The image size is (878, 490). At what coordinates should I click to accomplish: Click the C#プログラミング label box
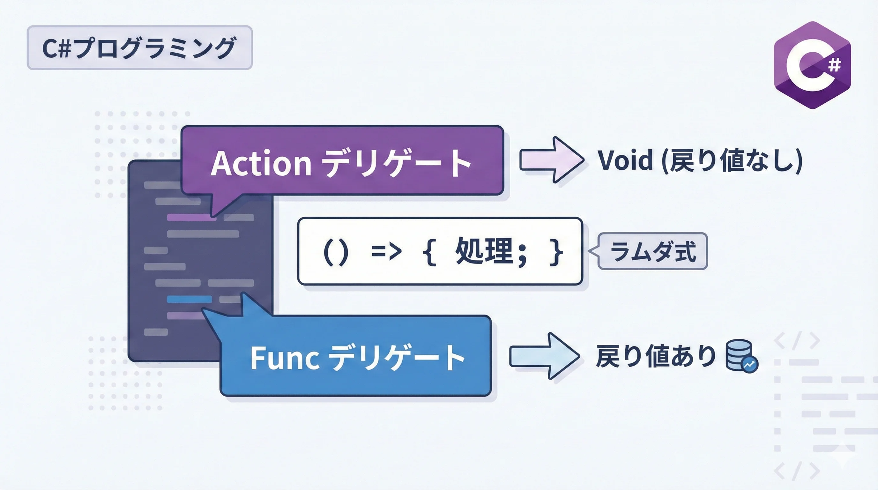pos(139,48)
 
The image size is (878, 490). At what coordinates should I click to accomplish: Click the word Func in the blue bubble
pos(285,358)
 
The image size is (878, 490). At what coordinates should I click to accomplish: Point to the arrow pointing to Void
pos(551,160)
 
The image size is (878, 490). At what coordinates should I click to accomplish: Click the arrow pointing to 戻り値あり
pos(544,356)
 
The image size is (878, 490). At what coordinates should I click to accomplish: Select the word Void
pos(625,160)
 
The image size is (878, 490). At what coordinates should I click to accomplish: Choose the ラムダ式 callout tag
pos(653,251)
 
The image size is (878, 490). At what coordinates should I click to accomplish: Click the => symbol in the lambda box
pos(386,252)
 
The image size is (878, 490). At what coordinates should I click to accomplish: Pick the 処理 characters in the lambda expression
pos(484,251)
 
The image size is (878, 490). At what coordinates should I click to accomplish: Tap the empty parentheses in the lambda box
pos(335,252)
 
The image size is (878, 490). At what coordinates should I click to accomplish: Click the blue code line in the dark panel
pos(189,299)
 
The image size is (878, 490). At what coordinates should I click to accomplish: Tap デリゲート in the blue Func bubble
pos(398,358)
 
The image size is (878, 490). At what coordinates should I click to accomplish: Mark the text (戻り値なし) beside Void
pos(732,160)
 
